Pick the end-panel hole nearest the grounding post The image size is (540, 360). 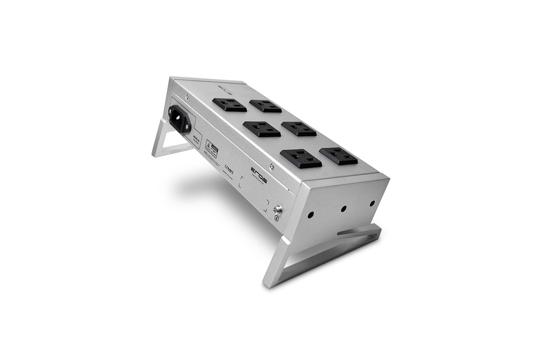pyautogui.click(x=311, y=215)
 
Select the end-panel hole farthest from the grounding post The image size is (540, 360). pyautogui.click(x=372, y=203)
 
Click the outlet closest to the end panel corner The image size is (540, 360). pyautogui.click(x=339, y=156)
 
